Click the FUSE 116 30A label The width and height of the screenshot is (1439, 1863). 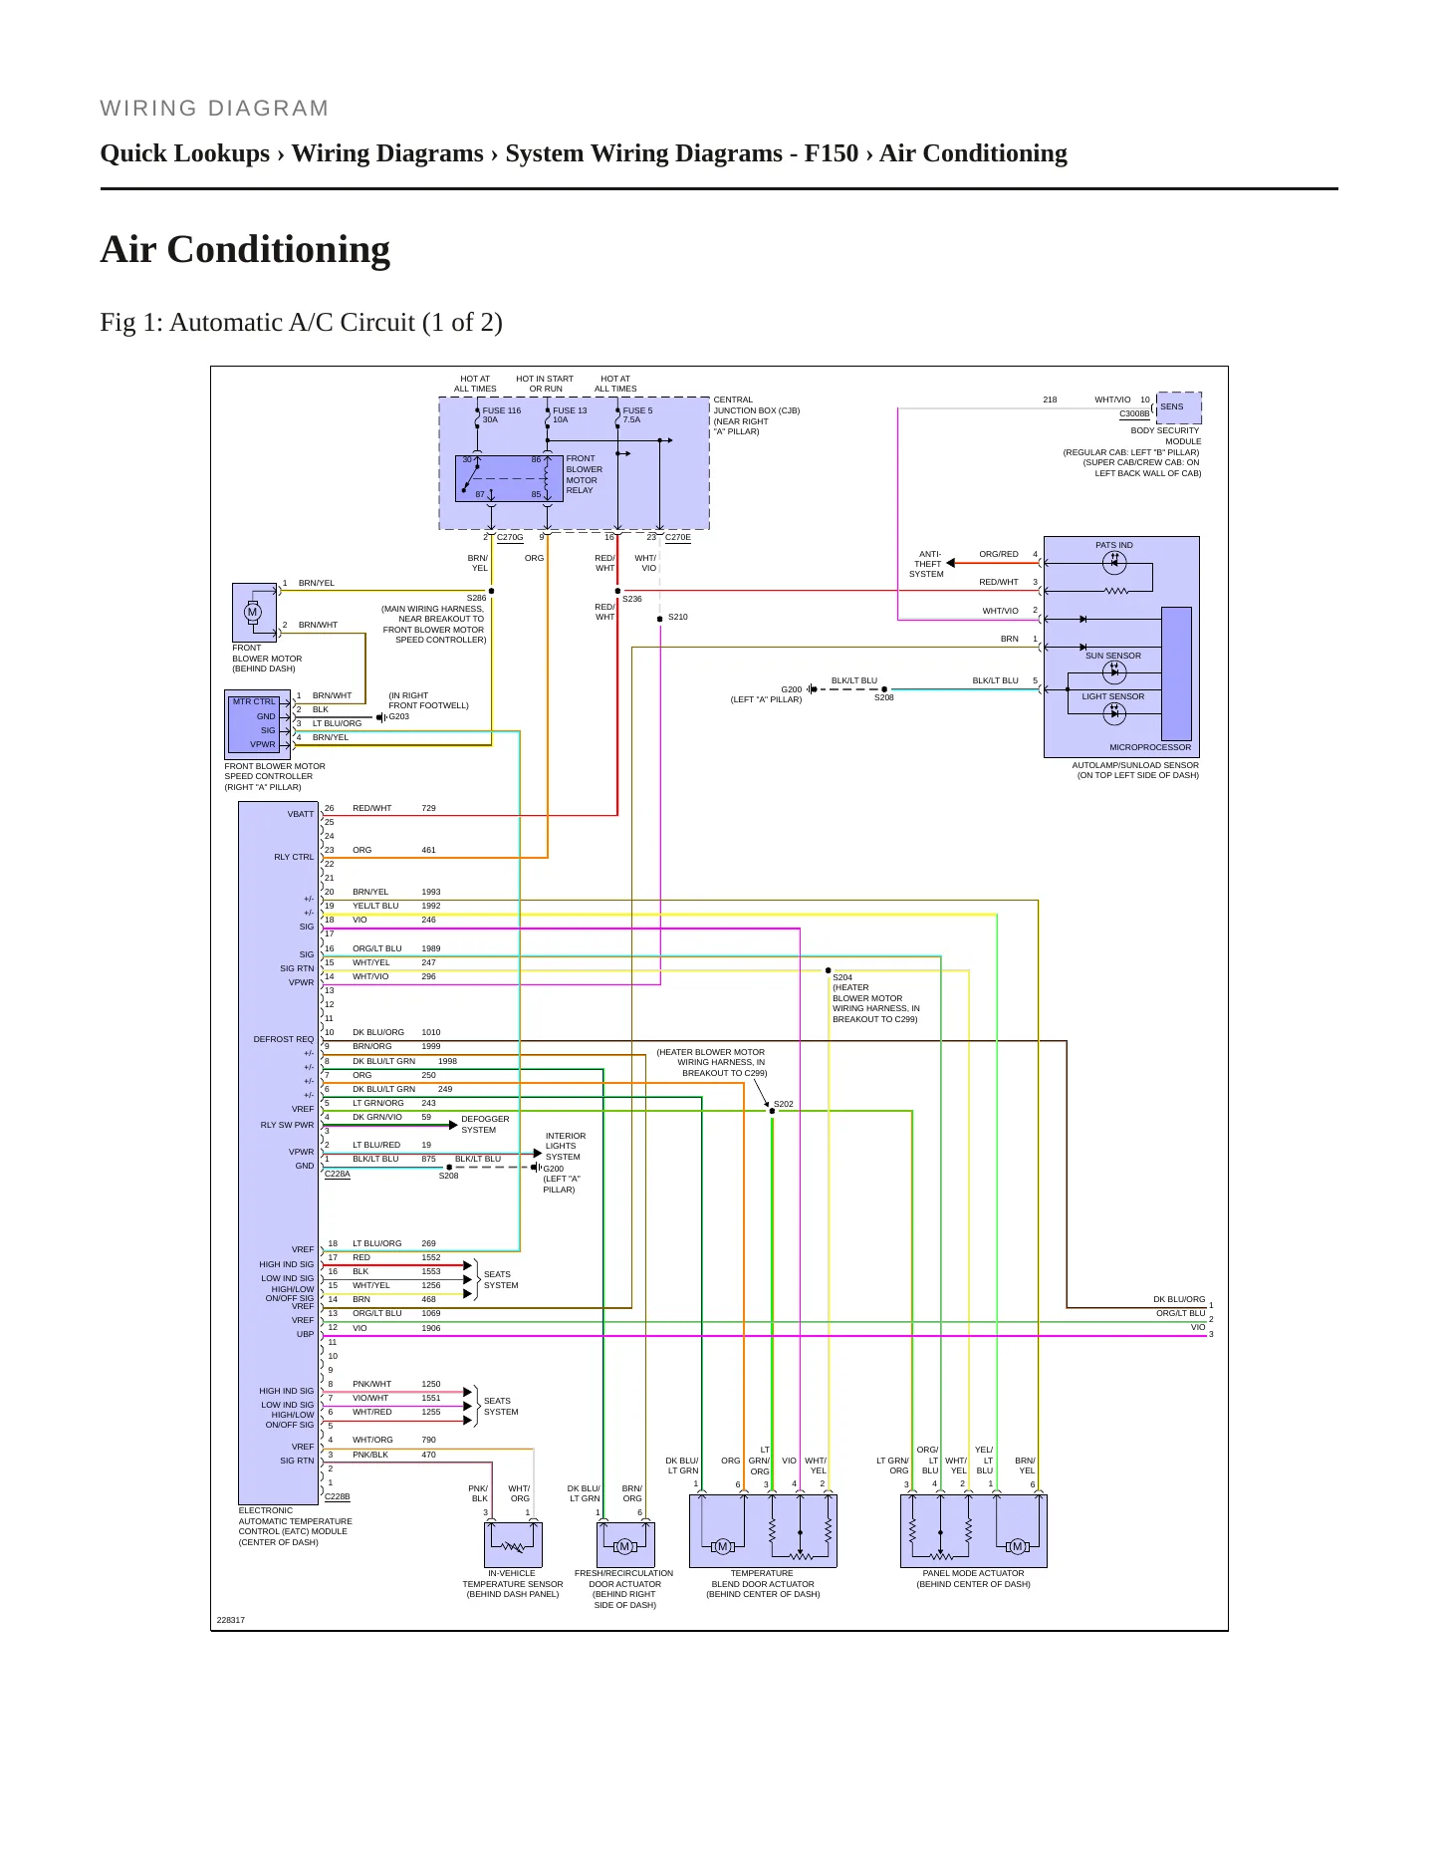pyautogui.click(x=501, y=415)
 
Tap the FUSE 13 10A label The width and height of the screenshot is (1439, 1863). pyautogui.click(x=570, y=415)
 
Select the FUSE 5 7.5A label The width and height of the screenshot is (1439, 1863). pyautogui.click(x=637, y=415)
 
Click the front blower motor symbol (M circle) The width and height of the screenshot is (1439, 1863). pyautogui.click(x=253, y=612)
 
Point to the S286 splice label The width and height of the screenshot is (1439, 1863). pyautogui.click(x=476, y=599)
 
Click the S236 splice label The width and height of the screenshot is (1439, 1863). pyautogui.click(x=632, y=600)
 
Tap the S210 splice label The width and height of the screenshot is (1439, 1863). pyautogui.click(x=677, y=618)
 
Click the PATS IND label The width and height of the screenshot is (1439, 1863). pyautogui.click(x=1114, y=546)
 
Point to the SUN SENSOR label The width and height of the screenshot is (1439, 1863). pyautogui.click(x=1113, y=657)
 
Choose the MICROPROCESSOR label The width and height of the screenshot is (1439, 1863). pyautogui.click(x=1150, y=747)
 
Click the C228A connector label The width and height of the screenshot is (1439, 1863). pyautogui.click(x=338, y=1175)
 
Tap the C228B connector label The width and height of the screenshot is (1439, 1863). pyautogui.click(x=338, y=1497)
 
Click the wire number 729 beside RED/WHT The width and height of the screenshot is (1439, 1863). pyautogui.click(x=428, y=809)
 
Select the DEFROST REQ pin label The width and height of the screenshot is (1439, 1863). pyautogui.click(x=284, y=1040)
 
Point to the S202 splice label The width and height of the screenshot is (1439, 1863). pyautogui.click(x=784, y=1105)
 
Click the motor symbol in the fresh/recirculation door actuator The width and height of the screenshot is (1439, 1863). pyautogui.click(x=625, y=1547)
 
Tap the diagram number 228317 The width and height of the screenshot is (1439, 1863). pyautogui.click(x=231, y=1620)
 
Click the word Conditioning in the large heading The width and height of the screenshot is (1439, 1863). pyautogui.click(x=279, y=250)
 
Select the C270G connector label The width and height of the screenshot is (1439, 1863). pyautogui.click(x=510, y=538)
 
